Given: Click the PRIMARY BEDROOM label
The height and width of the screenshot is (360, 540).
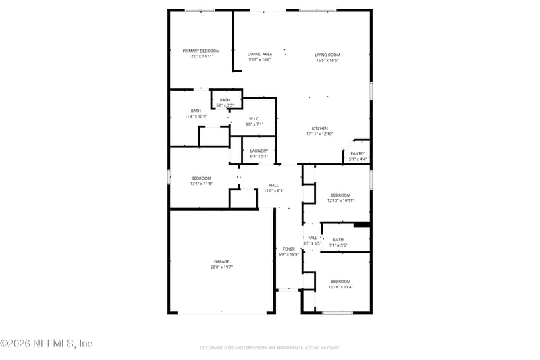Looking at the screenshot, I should pos(200,51).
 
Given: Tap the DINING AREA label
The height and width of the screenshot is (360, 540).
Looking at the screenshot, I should pos(260,54).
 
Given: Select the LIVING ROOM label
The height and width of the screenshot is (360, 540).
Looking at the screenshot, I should pos(327,55).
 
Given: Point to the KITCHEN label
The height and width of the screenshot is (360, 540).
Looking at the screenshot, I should pos(319,128).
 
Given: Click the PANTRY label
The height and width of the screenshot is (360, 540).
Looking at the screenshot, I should pos(358,153).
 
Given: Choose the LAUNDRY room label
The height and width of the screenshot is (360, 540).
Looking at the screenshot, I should pos(259,151).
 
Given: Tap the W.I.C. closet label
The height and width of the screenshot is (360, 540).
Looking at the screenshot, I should pos(254,119).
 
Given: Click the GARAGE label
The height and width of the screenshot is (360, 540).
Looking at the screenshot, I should pos(221,261).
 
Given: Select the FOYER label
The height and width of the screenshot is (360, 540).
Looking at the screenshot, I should pos(288,249).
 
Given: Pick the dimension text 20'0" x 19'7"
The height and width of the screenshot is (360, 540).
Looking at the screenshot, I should pos(221,267).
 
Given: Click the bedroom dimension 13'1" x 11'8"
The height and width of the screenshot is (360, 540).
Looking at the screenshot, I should pos(201,184).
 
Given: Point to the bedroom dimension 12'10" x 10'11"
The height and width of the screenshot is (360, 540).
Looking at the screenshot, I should pos(340,200).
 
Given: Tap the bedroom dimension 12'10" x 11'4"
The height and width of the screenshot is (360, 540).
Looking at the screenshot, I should pos(340,287).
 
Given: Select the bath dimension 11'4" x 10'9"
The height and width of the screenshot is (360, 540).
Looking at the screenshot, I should pos(196,116).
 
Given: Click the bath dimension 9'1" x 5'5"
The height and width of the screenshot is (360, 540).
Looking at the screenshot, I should pos(337,245).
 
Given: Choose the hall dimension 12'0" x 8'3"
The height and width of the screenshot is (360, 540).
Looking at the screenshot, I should pos(273,190).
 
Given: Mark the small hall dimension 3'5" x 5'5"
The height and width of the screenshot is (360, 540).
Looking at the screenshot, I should pos(312,243).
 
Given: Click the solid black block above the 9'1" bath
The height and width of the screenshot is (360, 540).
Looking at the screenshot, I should pos(362,224).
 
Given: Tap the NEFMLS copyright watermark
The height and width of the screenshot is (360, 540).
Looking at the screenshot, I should pos(46,344).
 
